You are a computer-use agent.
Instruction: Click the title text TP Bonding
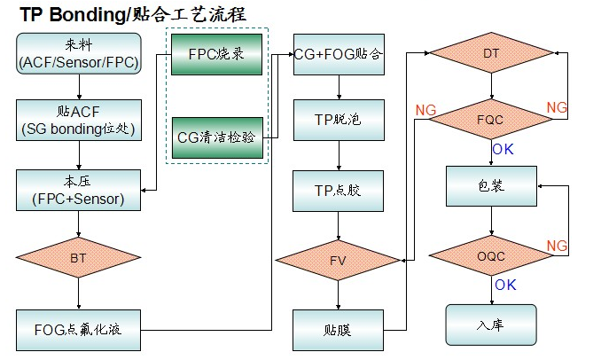point(74,14)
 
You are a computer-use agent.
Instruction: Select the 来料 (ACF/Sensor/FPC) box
point(79,54)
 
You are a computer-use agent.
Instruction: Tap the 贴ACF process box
point(79,120)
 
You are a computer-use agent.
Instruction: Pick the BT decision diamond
point(79,257)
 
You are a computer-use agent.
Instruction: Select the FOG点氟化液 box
point(79,329)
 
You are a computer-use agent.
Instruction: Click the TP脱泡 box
point(338,120)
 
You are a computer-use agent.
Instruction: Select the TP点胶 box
point(338,190)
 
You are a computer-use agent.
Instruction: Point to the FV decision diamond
point(338,261)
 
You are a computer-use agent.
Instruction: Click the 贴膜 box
point(338,329)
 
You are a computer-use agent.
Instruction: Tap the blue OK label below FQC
point(503,150)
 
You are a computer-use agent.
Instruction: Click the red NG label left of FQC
point(425,109)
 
